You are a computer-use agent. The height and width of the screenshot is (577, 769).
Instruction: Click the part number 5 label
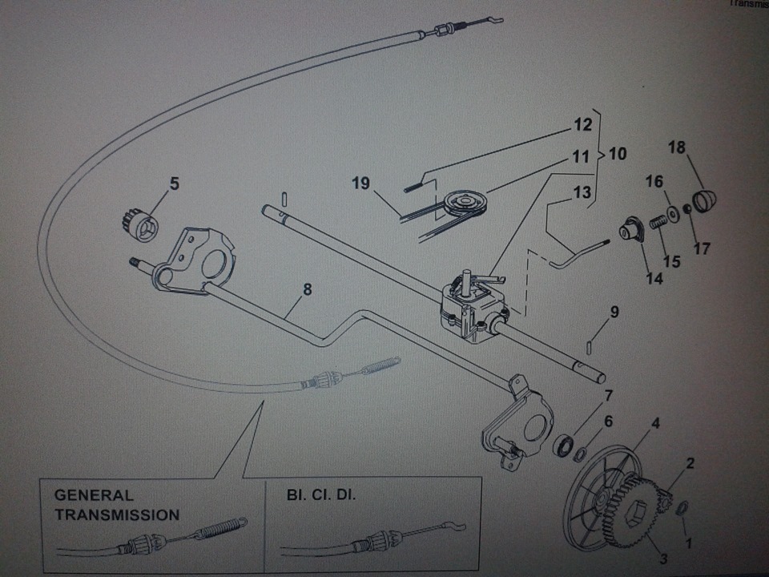(175, 184)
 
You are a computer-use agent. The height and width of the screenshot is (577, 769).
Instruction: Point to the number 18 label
(677, 147)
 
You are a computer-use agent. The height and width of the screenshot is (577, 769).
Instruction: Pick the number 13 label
(582, 192)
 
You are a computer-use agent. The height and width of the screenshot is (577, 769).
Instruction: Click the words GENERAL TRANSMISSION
(117, 505)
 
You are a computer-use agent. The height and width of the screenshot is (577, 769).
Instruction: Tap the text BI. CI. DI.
(321, 495)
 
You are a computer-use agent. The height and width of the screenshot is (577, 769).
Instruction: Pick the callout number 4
(655, 422)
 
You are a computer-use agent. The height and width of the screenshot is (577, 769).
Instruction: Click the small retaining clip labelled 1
(682, 509)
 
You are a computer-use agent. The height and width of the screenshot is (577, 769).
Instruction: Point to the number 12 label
(582, 125)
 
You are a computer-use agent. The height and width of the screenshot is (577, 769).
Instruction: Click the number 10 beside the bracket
(618, 154)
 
